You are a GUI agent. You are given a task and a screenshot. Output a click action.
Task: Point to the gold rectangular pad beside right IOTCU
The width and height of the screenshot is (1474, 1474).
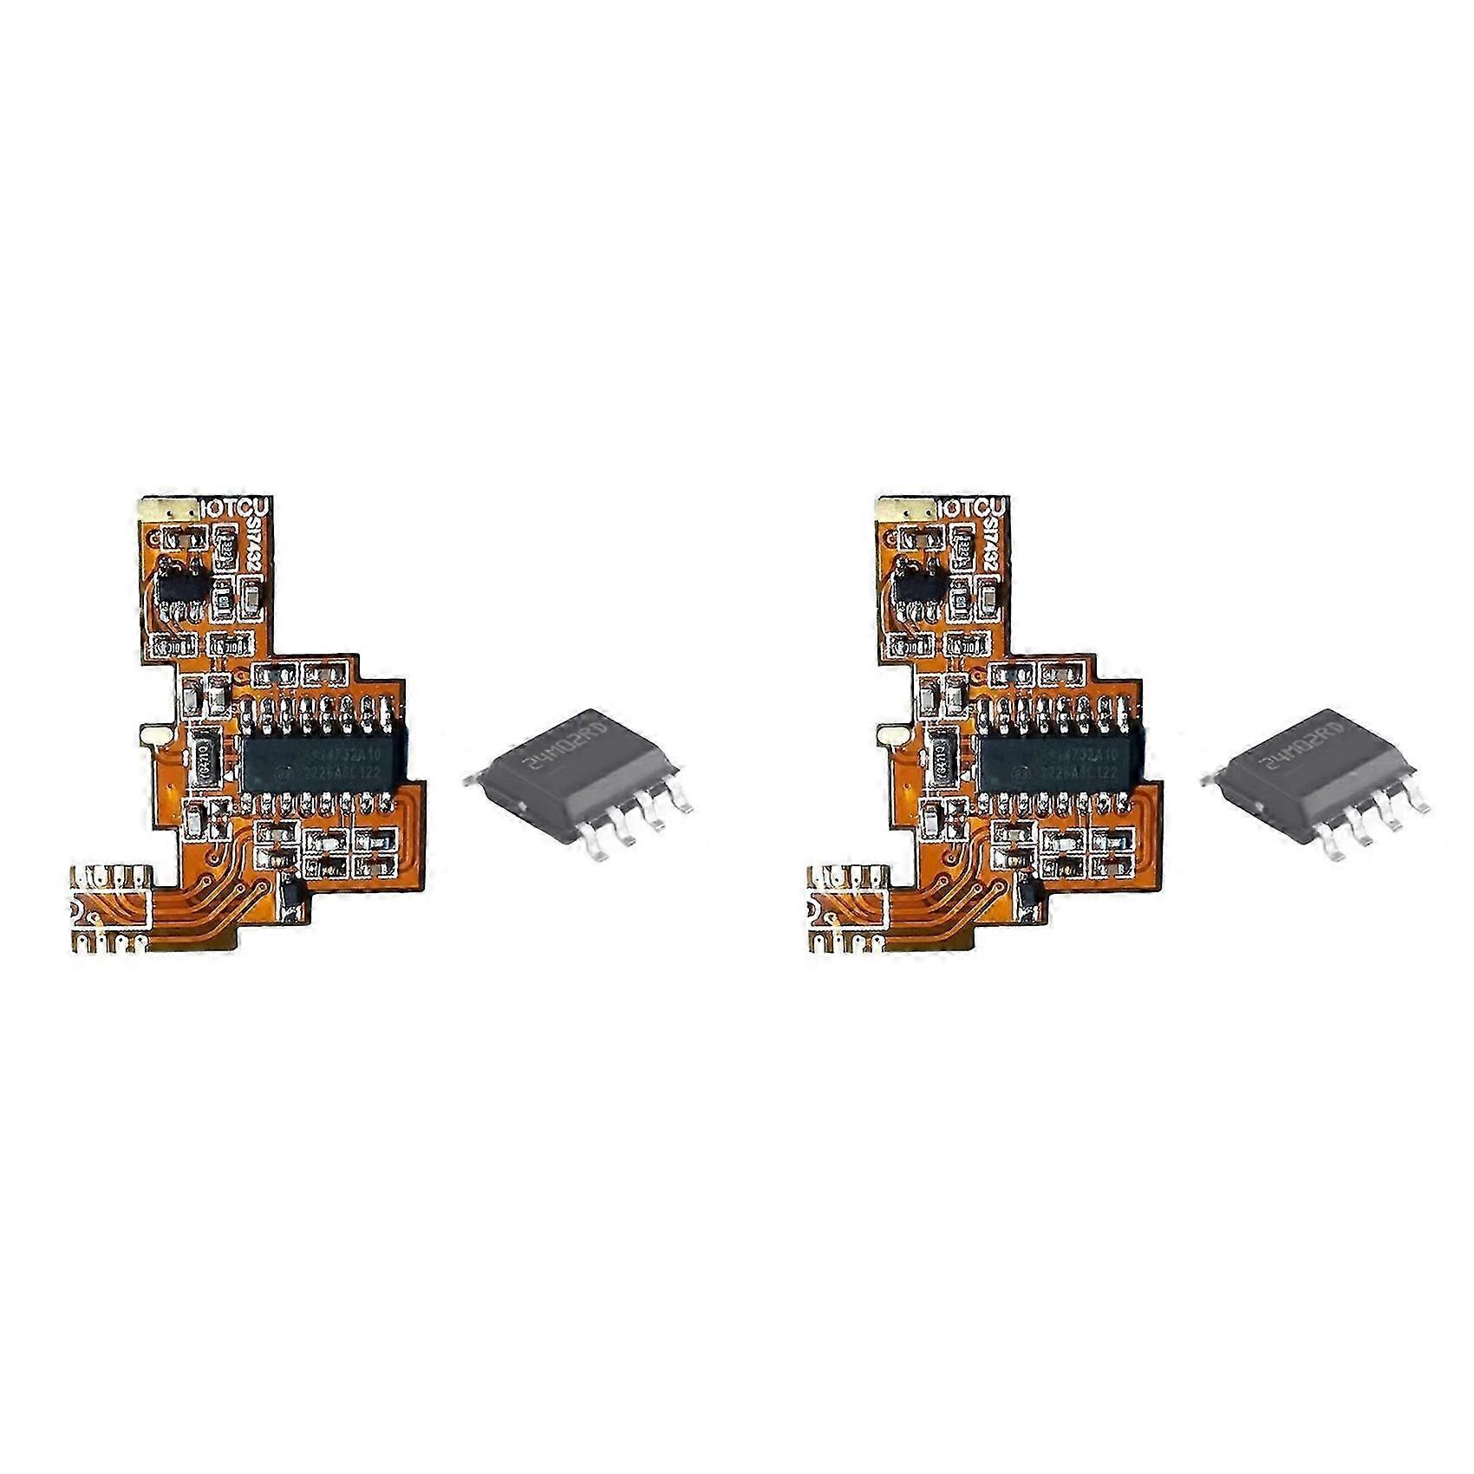click(x=908, y=507)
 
